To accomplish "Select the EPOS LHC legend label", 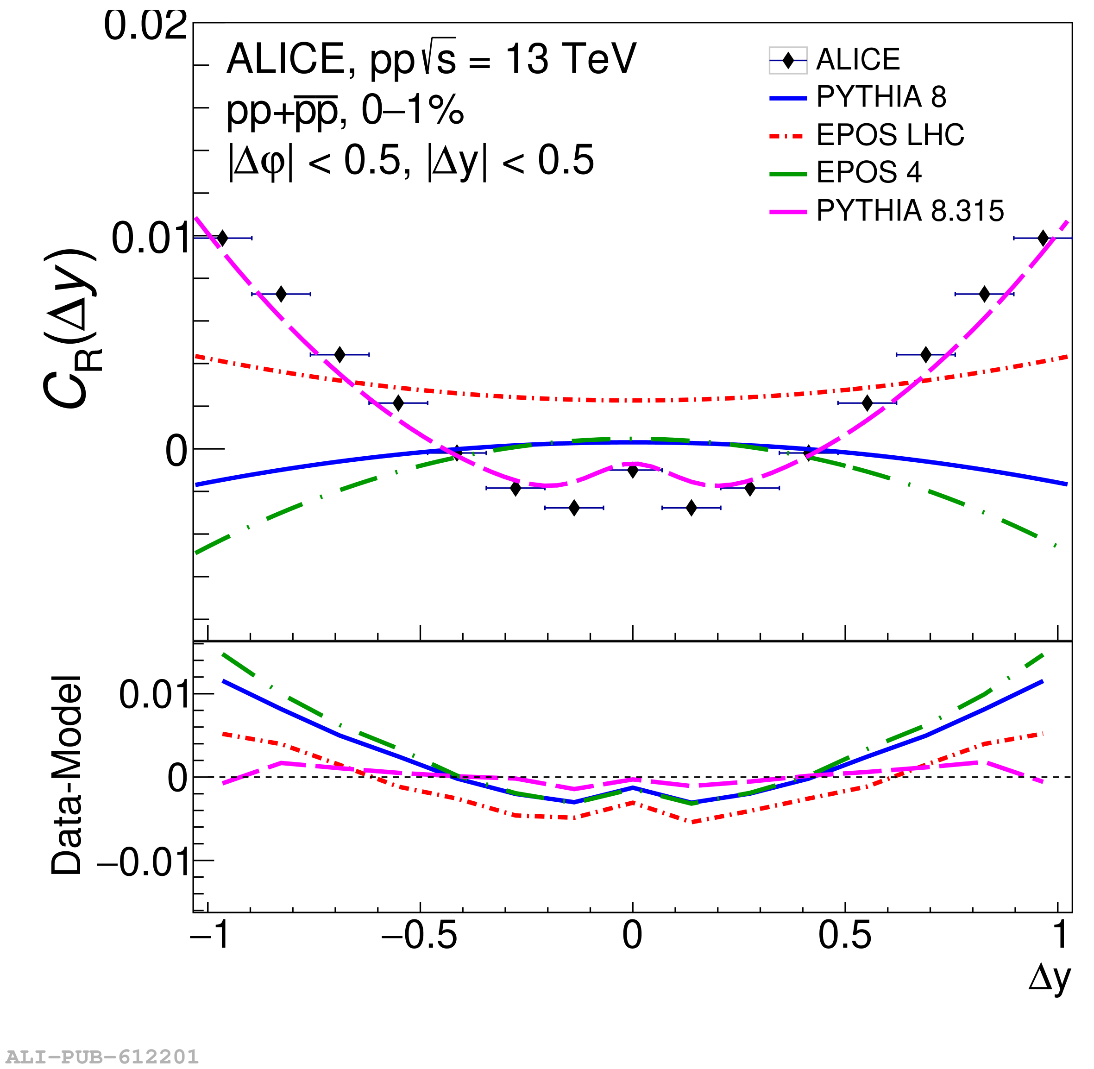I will click(890, 135).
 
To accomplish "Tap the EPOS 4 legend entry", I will click(868, 172).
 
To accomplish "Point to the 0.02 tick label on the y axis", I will click(145, 26).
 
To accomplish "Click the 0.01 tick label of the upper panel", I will click(151, 239).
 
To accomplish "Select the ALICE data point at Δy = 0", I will click(633, 471).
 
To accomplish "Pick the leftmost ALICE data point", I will click(222, 238).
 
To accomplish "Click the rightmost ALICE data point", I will click(1043, 238).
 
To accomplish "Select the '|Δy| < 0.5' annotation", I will click(510, 161).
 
